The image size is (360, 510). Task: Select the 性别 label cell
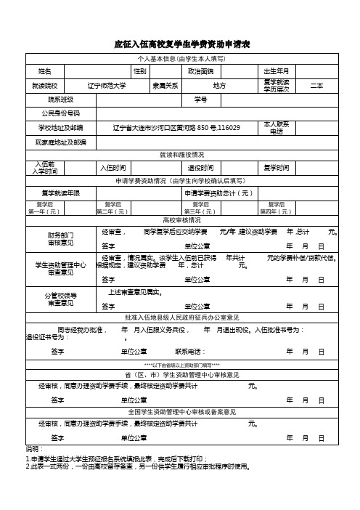point(141,71)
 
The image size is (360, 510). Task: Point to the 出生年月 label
point(276,71)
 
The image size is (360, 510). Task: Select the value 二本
point(316,86)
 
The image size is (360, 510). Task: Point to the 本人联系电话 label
point(276,127)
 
